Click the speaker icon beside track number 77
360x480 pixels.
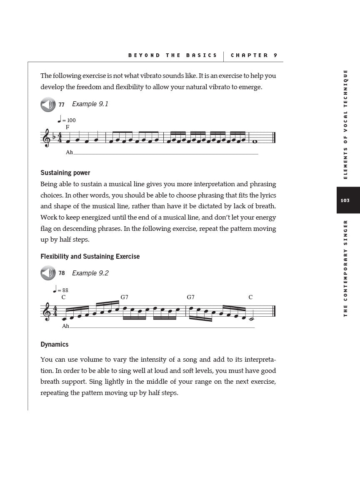coord(48,105)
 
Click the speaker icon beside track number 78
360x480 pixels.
coord(48,273)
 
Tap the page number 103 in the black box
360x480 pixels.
coord(345,200)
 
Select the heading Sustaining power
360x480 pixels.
coord(65,173)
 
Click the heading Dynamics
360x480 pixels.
coord(54,345)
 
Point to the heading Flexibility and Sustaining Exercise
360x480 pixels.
coord(90,257)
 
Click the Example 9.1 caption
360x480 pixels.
coord(90,104)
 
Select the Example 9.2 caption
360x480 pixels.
coord(90,273)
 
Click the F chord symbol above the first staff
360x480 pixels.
coord(67,127)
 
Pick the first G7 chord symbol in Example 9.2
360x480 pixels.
coord(124,297)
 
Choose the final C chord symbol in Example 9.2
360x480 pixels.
coord(250,297)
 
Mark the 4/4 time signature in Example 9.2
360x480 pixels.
coord(55,311)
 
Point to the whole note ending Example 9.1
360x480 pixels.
coord(255,141)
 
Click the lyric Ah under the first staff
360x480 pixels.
coord(69,152)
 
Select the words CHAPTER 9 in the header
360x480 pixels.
coord(254,55)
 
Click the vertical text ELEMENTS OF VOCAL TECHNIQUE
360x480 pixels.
coord(345,124)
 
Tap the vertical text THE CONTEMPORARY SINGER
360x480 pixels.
coord(345,268)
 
